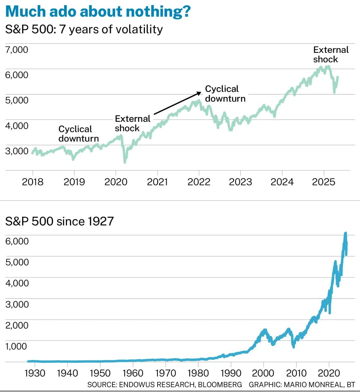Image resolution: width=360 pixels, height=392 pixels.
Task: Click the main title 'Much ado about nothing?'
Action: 98,11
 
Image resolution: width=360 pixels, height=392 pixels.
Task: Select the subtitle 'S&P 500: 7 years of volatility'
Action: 84,29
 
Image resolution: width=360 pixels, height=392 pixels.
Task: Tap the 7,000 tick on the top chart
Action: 17,50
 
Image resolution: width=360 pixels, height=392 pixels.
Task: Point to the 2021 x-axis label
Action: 157,182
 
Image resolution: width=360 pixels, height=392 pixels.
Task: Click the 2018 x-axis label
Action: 33,182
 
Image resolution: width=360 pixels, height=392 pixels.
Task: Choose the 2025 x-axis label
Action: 323,182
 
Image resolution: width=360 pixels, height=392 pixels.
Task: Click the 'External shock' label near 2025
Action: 331,55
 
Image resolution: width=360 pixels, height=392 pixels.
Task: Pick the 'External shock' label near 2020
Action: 132,123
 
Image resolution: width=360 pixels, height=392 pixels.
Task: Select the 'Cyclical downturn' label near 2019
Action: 78,134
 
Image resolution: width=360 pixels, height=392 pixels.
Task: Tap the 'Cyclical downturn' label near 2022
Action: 225,94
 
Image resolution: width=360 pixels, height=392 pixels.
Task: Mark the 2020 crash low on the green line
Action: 125,162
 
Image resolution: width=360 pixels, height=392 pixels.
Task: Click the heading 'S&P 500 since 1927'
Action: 59,221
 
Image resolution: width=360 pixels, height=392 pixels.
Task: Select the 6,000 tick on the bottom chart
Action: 17,241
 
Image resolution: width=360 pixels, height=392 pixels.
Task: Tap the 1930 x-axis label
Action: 34,373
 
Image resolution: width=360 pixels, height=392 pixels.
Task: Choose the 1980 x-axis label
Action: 198,373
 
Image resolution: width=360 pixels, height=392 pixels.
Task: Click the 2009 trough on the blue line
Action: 294,347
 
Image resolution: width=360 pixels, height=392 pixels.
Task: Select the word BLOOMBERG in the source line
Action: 220,385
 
